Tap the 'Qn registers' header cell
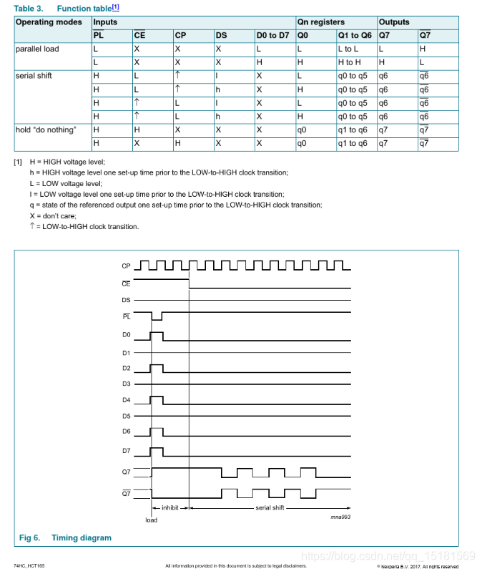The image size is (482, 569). pyautogui.click(x=321, y=22)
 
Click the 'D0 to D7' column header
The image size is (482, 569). pyautogui.click(x=273, y=35)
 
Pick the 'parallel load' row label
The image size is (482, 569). pyautogui.click(x=37, y=49)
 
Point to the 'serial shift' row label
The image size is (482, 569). pyautogui.click(x=34, y=76)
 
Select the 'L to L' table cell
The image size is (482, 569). pyautogui.click(x=350, y=49)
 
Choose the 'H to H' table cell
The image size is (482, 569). pyautogui.click(x=350, y=62)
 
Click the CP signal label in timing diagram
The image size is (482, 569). pyautogui.click(x=126, y=266)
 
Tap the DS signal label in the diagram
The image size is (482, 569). pyautogui.click(x=126, y=301)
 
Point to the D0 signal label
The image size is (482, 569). pyautogui.click(x=126, y=334)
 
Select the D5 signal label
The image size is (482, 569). pyautogui.click(x=126, y=416)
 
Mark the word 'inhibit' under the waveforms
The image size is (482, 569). pyautogui.click(x=169, y=507)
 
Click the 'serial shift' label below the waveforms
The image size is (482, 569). pyautogui.click(x=270, y=507)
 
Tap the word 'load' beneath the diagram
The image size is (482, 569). pyautogui.click(x=151, y=520)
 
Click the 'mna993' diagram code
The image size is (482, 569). pyautogui.click(x=340, y=516)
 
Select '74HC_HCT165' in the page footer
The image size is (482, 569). pyautogui.click(x=29, y=565)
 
